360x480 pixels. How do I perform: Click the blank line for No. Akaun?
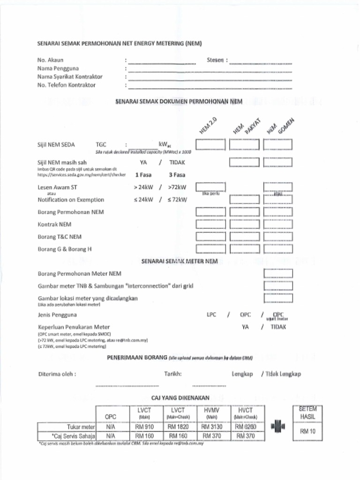(162, 62)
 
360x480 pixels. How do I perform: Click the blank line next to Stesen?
(261, 62)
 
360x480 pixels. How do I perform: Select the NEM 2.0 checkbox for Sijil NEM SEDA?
(210, 145)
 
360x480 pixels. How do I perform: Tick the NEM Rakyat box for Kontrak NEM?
(244, 225)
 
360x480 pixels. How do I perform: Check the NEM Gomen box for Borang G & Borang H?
(278, 249)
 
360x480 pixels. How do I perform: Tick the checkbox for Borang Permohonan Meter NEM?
(278, 273)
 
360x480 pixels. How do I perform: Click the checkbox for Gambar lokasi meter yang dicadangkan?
(278, 298)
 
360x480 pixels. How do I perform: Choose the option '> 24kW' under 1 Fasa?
(142, 187)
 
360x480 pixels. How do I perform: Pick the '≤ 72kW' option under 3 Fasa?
(177, 200)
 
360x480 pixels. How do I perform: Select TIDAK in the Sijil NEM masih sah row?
(177, 163)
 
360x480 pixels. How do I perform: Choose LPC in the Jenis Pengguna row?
(211, 315)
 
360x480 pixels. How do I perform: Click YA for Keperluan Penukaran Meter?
(245, 327)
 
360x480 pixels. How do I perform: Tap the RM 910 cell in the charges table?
(144, 427)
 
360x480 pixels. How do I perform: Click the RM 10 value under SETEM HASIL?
(307, 431)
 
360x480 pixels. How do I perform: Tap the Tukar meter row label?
(81, 427)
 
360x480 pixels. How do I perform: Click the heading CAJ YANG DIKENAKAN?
(180, 397)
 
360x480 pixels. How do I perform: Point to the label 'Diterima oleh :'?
(57, 374)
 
